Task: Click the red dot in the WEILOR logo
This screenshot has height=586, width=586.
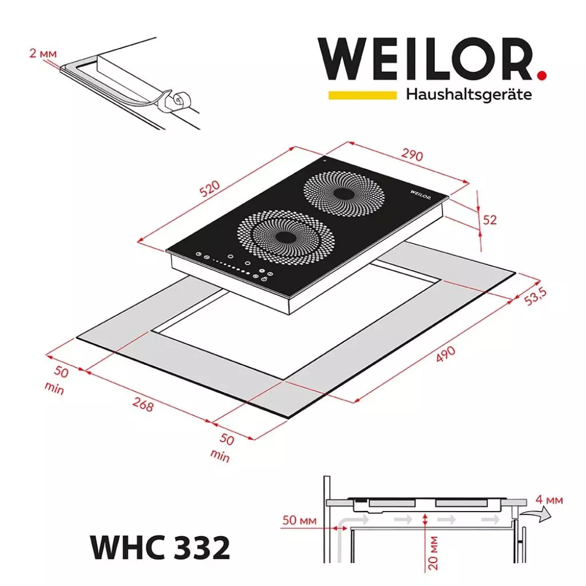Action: coord(541,74)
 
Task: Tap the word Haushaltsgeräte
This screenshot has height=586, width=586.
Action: coord(468,94)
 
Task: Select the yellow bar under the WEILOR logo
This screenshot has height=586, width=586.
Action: coord(362,95)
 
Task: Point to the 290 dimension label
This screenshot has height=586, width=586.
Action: coord(411,155)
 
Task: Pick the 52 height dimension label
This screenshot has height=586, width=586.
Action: coord(490,219)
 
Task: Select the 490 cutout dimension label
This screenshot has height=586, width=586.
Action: coord(446,354)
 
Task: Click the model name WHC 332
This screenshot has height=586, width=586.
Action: coord(160,548)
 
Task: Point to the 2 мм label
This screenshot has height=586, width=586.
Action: coord(43,54)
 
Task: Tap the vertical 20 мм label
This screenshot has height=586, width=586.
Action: coord(433,552)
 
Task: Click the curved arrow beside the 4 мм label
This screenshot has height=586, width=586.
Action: coord(537,516)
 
